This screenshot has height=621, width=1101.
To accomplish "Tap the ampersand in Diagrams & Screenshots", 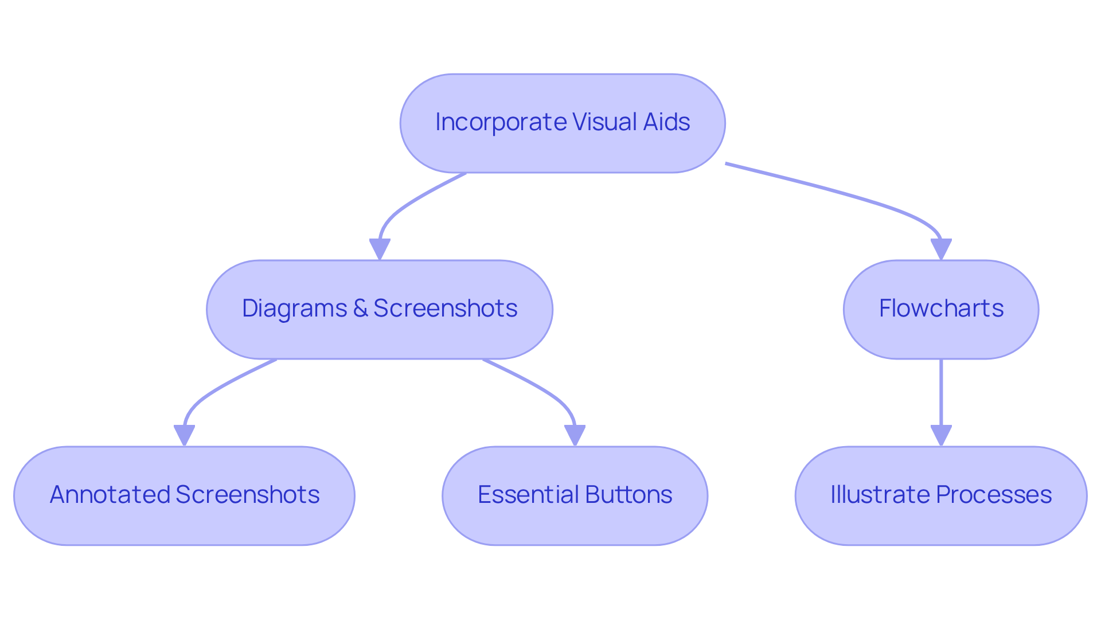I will (360, 308).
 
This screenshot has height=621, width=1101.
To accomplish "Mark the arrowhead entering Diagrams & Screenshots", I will (380, 249).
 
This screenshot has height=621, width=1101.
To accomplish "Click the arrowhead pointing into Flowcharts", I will (941, 249).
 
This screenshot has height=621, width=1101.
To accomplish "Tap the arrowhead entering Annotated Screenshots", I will (184, 435).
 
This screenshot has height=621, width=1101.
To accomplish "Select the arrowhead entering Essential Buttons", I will (575, 435).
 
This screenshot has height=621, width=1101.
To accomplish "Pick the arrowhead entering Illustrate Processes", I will (941, 435).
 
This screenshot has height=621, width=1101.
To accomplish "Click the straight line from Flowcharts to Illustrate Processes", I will (941, 393).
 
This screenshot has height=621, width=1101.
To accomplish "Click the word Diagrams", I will (294, 308).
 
